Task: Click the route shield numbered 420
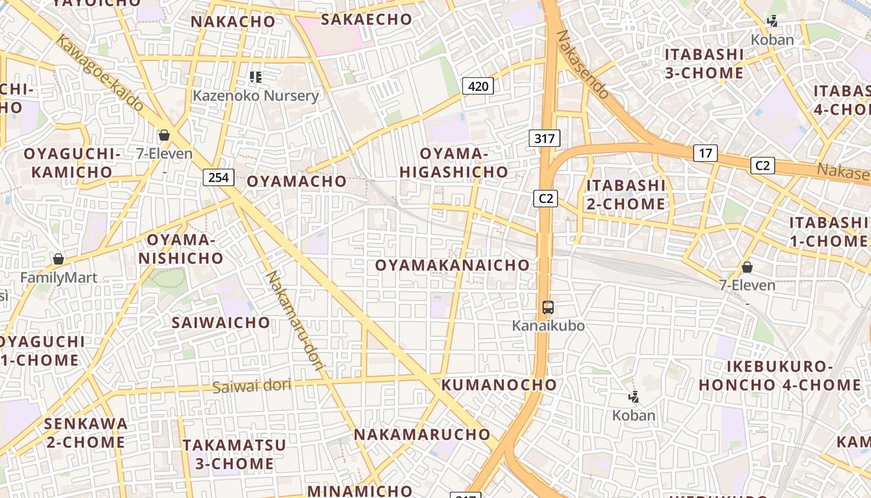click(478, 86)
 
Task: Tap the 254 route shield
click(218, 177)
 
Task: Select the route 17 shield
click(706, 153)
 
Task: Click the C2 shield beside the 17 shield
click(763, 165)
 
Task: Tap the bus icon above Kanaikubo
click(547, 307)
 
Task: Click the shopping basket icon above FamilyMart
click(58, 258)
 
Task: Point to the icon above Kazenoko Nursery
click(255, 77)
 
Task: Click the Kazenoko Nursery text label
click(255, 96)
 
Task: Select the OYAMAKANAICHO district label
click(452, 265)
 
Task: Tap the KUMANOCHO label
click(499, 385)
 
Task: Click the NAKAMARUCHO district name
click(422, 435)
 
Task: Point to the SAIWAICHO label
click(221, 322)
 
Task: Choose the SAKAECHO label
click(366, 19)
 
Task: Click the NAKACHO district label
click(233, 22)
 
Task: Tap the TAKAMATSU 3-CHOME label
click(234, 454)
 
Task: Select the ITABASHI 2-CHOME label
click(626, 194)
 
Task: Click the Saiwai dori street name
click(251, 386)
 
